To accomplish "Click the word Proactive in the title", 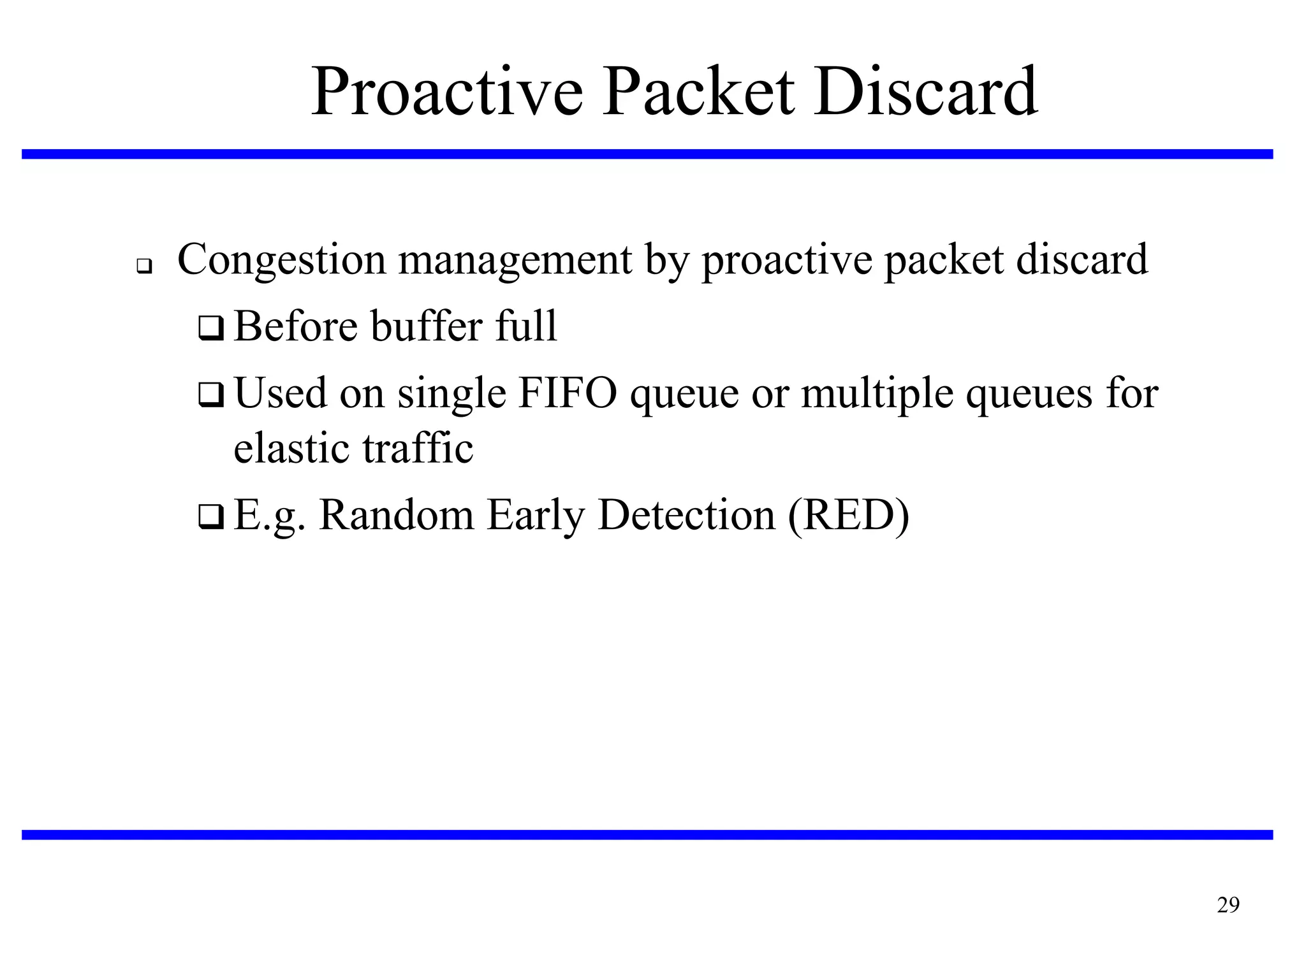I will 446,92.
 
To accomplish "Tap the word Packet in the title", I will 699,92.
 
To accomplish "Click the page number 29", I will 1228,905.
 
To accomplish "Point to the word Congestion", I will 281,260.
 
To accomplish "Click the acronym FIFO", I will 568,393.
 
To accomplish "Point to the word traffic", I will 418,448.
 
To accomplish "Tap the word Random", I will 396,514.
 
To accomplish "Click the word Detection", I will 686,514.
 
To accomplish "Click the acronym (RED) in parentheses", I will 849,514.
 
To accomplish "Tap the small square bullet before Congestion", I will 144,266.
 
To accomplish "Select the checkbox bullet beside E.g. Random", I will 210,516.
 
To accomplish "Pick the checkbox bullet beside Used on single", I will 210,395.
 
